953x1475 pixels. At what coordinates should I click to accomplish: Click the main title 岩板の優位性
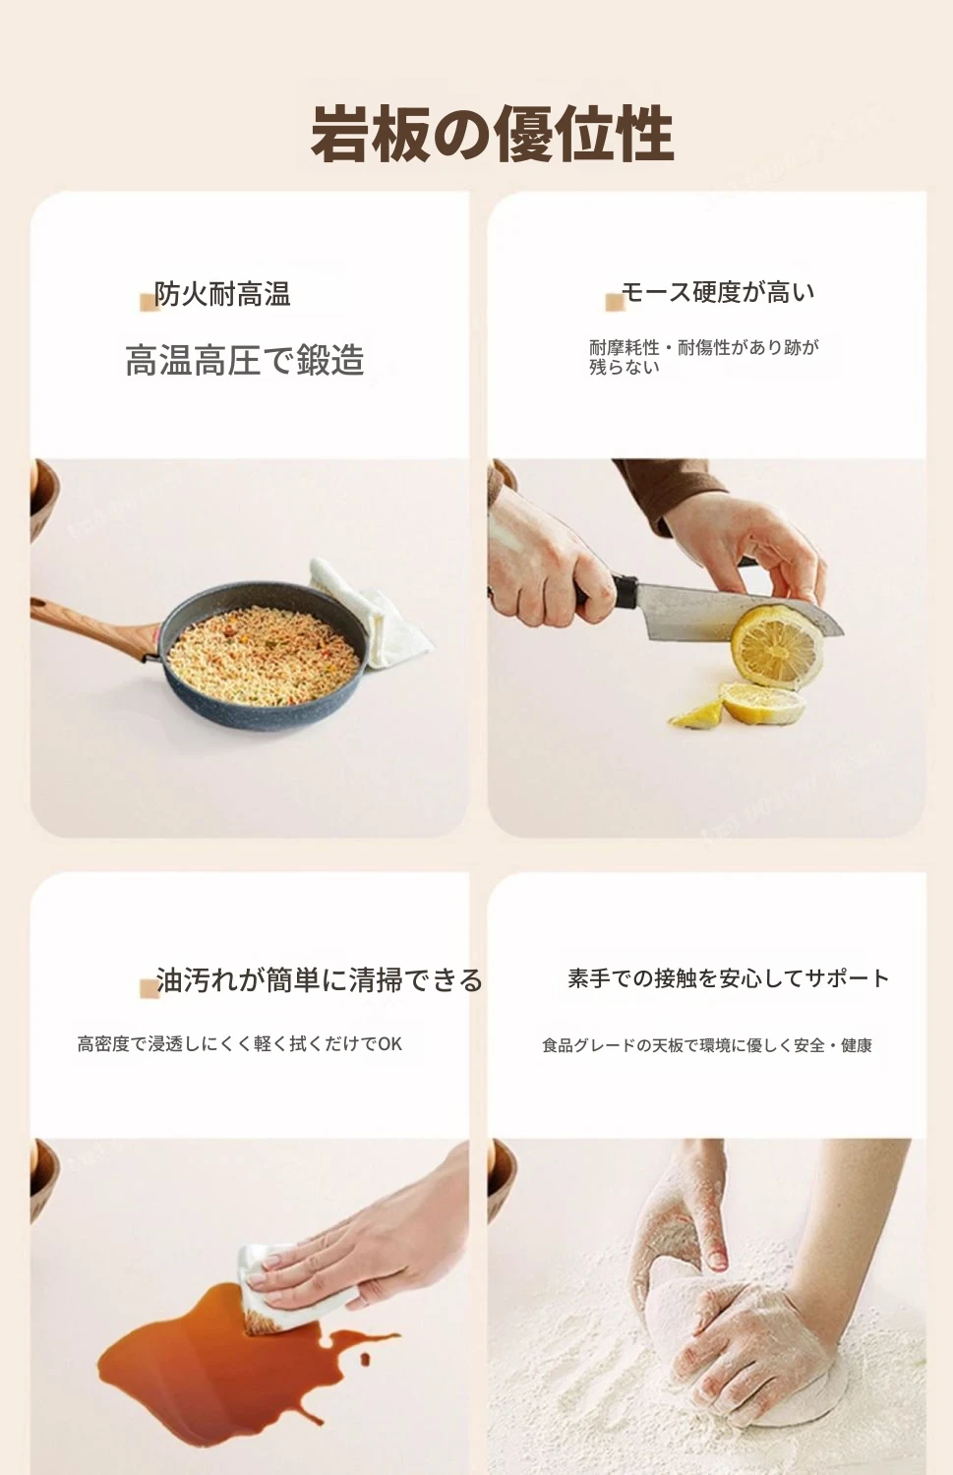[x=492, y=135]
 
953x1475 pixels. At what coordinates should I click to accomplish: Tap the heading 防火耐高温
[x=222, y=294]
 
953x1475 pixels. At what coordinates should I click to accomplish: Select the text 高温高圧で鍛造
[x=244, y=360]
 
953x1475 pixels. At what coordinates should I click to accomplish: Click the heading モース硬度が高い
[x=718, y=292]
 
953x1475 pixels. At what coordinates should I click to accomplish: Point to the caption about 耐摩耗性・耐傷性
[x=703, y=356]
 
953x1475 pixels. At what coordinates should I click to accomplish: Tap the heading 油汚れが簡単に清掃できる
[x=319, y=979]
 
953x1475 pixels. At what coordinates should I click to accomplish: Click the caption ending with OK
[x=240, y=1044]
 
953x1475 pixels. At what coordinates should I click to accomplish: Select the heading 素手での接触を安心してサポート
[x=729, y=978]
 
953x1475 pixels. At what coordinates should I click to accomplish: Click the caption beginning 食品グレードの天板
[x=707, y=1045]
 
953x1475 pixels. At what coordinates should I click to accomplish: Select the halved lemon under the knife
[x=777, y=647]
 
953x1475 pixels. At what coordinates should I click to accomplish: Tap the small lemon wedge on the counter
[x=697, y=715]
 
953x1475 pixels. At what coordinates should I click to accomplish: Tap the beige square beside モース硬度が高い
[x=615, y=302]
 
